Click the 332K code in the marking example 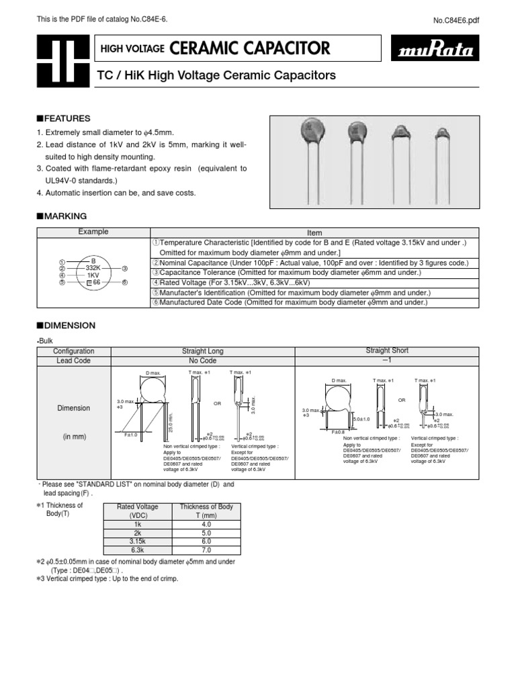click(x=93, y=267)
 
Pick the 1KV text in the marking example click(x=93, y=275)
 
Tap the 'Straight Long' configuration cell click(x=202, y=351)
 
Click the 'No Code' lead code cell click(x=202, y=361)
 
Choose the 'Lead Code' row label click(x=74, y=361)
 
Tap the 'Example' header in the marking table click(x=93, y=232)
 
